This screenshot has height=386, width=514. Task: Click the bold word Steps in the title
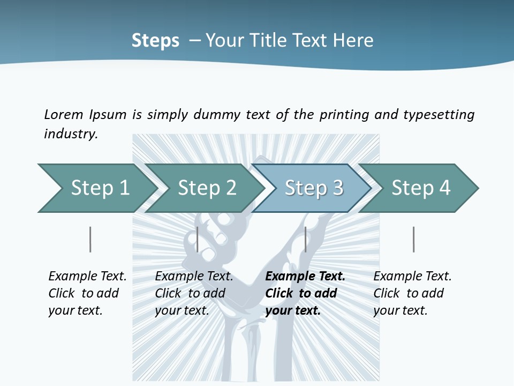pos(155,41)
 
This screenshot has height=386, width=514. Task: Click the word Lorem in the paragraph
pos(64,114)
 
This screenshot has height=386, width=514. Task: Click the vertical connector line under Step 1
pos(90,239)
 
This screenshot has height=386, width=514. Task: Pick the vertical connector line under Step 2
pos(198,239)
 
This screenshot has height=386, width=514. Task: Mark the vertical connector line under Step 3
pos(306,239)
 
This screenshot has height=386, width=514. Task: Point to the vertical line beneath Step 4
pos(414,239)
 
